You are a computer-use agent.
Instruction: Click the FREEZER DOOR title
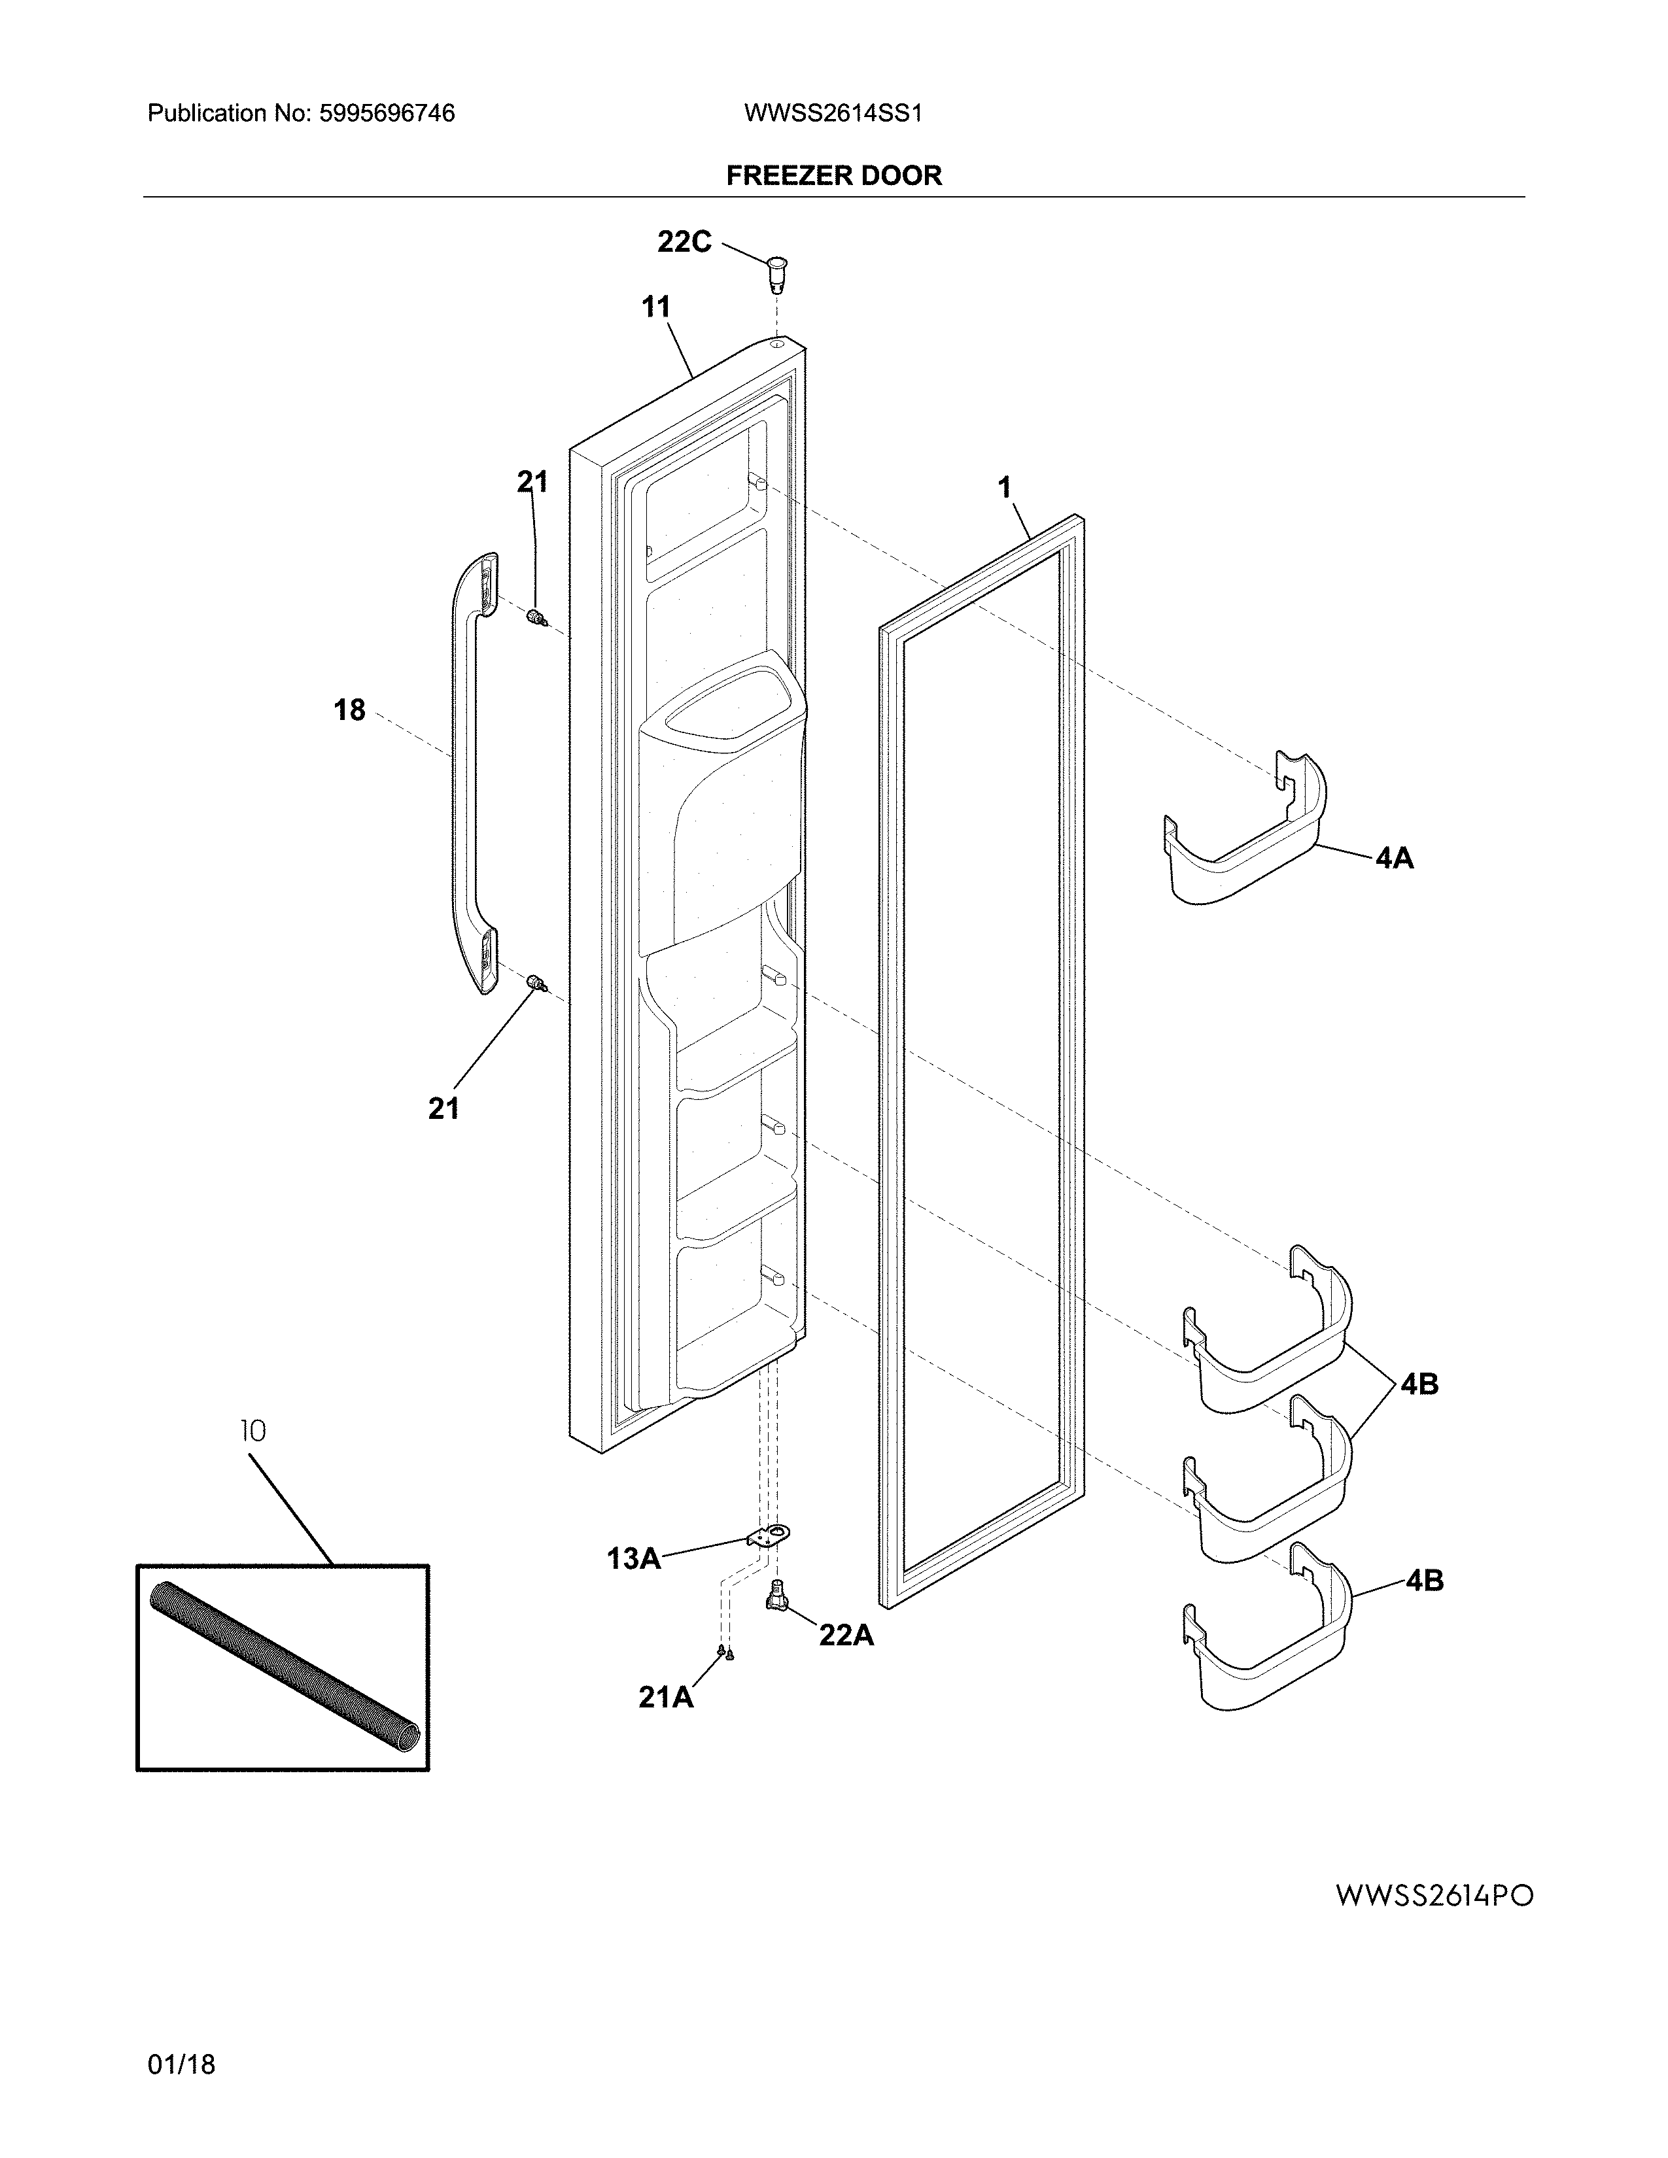click(834, 176)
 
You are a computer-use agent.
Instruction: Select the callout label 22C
click(684, 242)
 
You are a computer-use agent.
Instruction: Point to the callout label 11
click(656, 307)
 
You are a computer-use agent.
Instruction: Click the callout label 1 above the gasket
click(1005, 488)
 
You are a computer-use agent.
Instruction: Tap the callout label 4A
click(1395, 859)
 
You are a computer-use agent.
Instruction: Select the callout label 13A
click(633, 1559)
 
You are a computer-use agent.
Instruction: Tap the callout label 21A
click(665, 1698)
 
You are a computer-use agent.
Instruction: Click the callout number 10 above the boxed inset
click(253, 1431)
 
